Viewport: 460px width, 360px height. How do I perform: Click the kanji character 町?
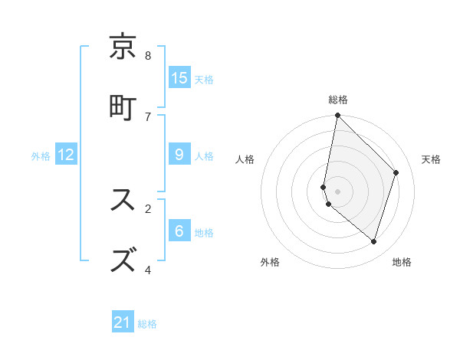click(123, 106)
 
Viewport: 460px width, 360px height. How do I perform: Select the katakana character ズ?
click(123, 260)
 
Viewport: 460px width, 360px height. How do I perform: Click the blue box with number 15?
click(179, 78)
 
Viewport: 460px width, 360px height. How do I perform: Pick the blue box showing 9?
click(179, 155)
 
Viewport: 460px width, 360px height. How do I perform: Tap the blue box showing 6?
click(179, 231)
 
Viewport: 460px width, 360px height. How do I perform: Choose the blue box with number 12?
click(66, 155)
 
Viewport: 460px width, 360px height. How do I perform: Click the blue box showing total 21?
click(123, 322)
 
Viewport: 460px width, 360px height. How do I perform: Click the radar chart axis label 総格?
click(338, 100)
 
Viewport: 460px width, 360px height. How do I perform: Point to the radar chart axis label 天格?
click(431, 159)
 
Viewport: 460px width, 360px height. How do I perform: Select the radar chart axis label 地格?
click(402, 262)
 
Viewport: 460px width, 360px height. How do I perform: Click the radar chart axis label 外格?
click(270, 262)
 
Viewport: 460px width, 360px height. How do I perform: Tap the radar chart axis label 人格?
click(245, 159)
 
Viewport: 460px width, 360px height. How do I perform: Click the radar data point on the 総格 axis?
click(337, 116)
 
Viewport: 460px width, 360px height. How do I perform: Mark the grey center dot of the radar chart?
click(337, 191)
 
